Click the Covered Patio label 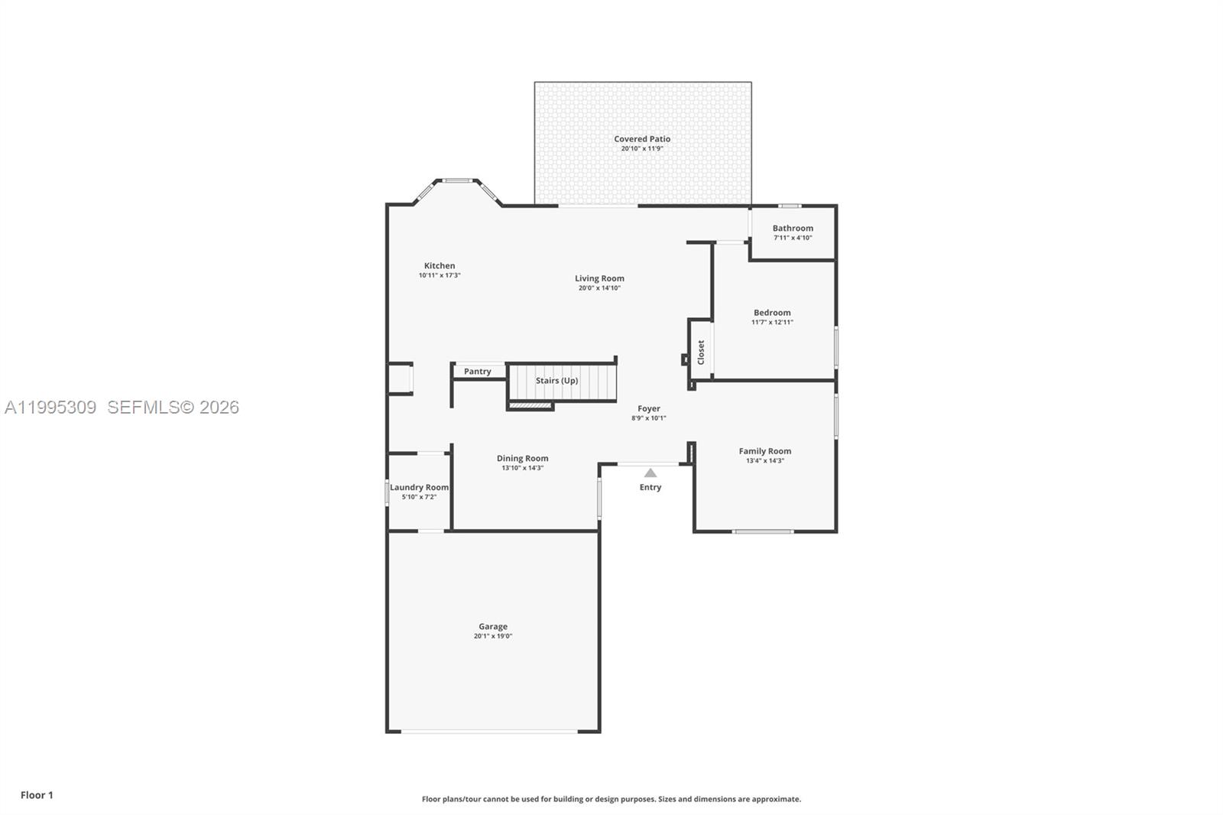tap(642, 139)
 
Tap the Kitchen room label tap(440, 265)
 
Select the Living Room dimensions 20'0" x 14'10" tap(599, 288)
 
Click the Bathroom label tap(793, 228)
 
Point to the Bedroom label tap(772, 312)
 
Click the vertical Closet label tap(701, 352)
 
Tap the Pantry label tap(478, 372)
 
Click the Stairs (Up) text tap(556, 380)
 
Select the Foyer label tap(649, 408)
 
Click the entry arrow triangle tap(650, 473)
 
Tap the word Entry tap(650, 487)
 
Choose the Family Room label tap(764, 451)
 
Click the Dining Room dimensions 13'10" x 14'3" tap(523, 468)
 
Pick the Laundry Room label tap(419, 487)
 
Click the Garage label tap(493, 626)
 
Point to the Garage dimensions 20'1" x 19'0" tap(493, 636)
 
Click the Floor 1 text tap(37, 795)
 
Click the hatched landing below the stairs tap(530, 405)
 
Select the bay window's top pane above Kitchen tap(458, 181)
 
